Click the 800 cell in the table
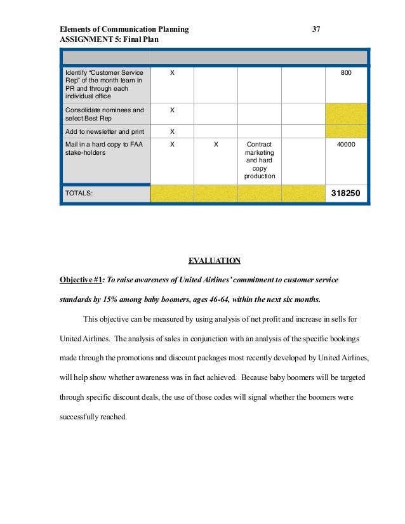(x=346, y=74)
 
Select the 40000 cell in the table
(x=346, y=145)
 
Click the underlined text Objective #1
(x=81, y=280)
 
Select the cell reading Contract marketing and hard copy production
(x=259, y=160)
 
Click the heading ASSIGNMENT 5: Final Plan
(x=109, y=39)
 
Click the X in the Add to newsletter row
(x=172, y=131)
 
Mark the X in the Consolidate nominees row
(x=172, y=110)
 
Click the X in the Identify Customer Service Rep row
(x=172, y=74)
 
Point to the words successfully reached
(x=93, y=417)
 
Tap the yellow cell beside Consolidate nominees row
(x=346, y=114)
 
